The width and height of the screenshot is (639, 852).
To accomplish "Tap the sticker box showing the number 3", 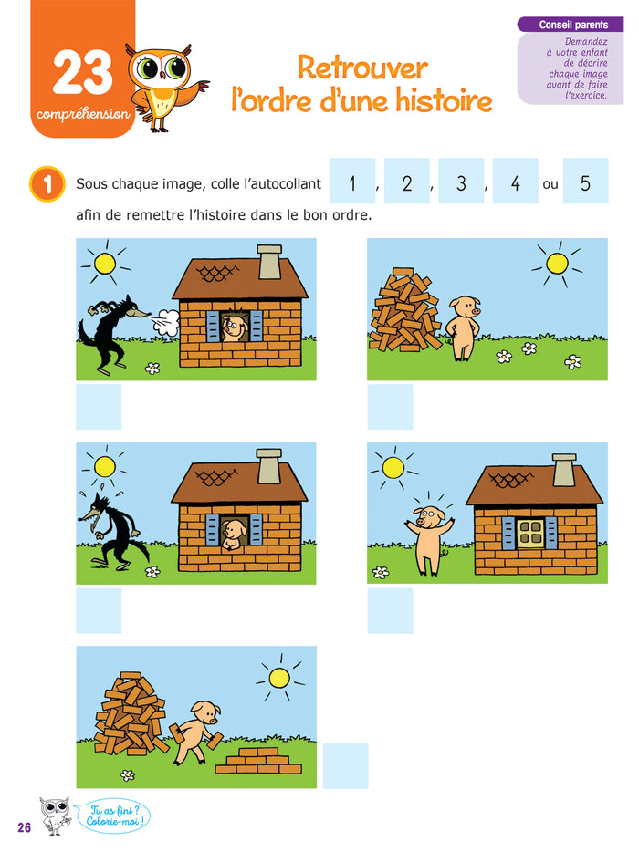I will pos(461,183).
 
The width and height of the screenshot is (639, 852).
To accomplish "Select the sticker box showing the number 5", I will pos(585,183).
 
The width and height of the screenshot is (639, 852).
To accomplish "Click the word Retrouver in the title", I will pos(362,68).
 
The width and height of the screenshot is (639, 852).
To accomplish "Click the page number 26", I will pos(23,826).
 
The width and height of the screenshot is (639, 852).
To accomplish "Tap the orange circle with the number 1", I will pos(47,183).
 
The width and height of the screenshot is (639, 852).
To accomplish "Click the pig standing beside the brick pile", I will pos(463,326).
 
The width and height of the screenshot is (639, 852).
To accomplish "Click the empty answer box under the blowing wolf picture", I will pos(99,407).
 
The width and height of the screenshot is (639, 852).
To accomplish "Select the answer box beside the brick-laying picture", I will pos(345,765).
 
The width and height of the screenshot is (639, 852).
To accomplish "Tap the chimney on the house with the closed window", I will pos(564,469).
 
